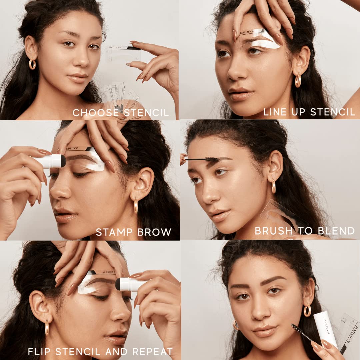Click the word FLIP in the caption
(x=40, y=351)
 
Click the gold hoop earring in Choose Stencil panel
(x=32, y=64)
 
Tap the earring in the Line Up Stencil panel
(x=298, y=81)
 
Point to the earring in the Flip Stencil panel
(x=47, y=327)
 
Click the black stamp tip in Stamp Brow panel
(x=63, y=161)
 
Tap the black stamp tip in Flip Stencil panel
(x=118, y=284)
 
